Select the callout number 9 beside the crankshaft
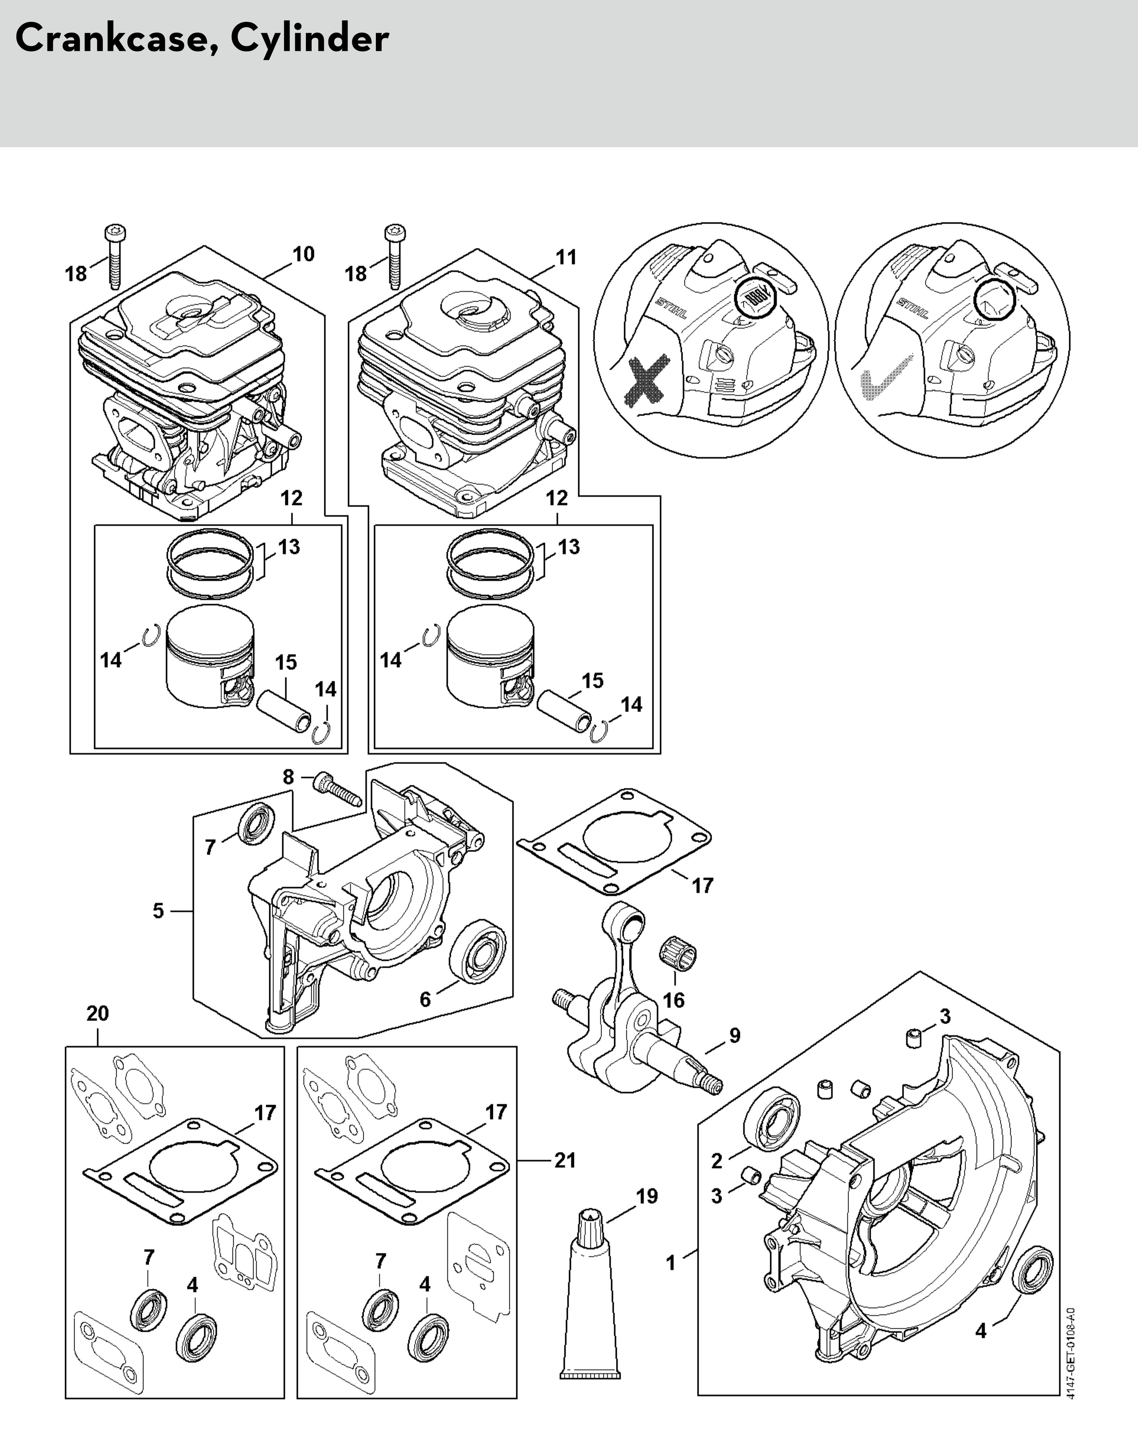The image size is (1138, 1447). tap(734, 1035)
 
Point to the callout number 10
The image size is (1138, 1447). tap(303, 255)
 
